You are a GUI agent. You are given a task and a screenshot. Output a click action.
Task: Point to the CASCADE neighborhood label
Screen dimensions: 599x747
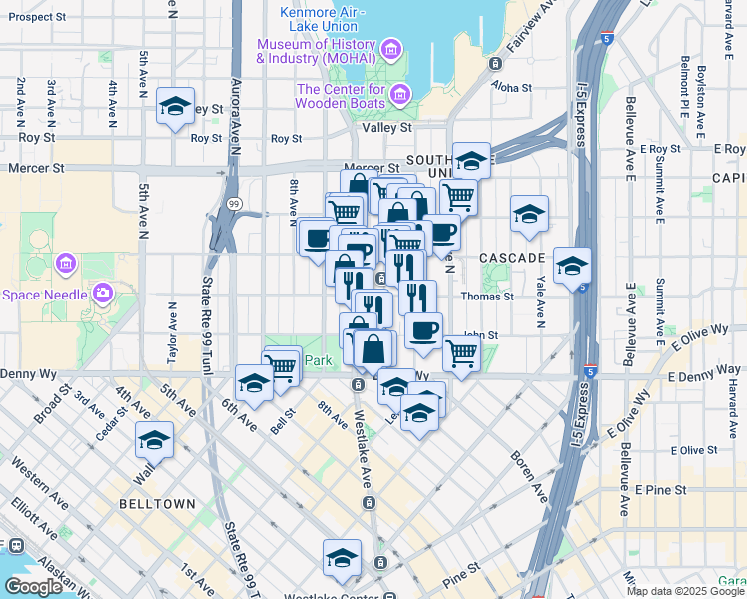click(512, 258)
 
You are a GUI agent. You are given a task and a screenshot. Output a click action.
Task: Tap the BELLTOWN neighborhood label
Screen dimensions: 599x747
click(156, 504)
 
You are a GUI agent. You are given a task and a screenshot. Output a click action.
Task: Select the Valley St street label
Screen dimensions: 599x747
click(391, 127)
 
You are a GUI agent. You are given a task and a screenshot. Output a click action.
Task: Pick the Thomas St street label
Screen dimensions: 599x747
click(487, 296)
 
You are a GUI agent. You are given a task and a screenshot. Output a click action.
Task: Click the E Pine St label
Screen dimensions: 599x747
click(662, 490)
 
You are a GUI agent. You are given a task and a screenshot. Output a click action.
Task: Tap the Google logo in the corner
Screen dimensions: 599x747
click(33, 587)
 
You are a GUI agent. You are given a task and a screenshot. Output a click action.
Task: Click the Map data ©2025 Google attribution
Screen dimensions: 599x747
click(684, 591)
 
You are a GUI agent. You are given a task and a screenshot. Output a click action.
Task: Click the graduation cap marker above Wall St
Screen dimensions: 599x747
click(154, 439)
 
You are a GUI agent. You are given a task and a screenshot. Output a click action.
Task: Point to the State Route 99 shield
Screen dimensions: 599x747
click(233, 203)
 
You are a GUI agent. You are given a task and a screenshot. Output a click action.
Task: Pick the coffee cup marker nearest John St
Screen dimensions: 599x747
click(422, 329)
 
